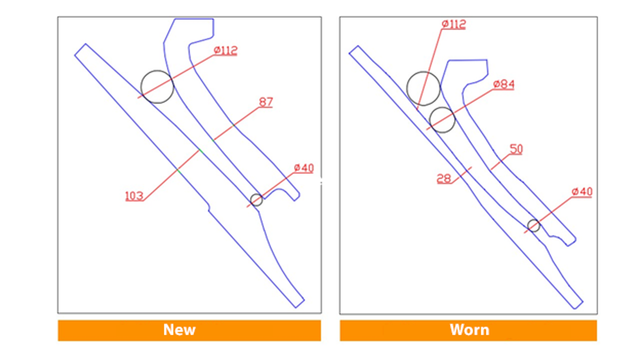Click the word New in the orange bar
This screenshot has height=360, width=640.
click(179, 330)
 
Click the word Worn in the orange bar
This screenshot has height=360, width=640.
click(470, 330)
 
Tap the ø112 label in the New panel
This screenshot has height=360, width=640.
click(226, 50)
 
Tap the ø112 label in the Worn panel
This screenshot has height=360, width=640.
click(454, 24)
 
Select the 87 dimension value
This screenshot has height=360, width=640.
click(266, 102)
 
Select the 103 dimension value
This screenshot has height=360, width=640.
click(135, 196)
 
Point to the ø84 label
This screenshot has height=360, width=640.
click(504, 84)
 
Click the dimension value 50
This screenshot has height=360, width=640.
click(517, 149)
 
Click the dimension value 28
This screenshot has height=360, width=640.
click(443, 178)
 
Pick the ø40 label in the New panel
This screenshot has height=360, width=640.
click(304, 168)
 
